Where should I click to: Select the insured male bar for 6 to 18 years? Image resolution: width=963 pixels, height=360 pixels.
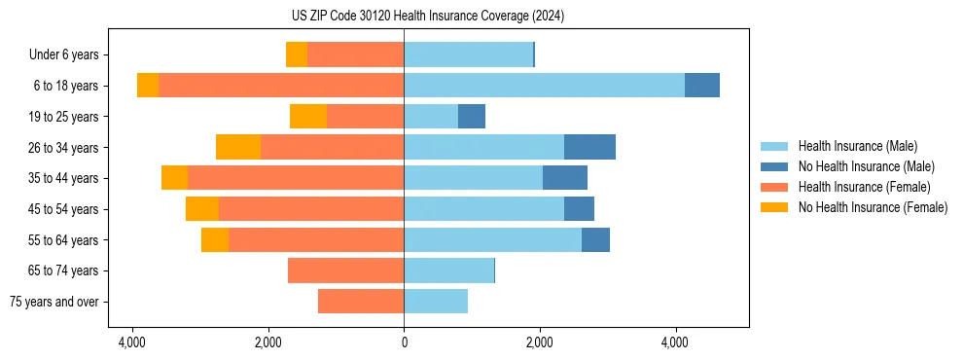click(544, 86)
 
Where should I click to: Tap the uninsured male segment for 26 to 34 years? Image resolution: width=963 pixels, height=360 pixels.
click(589, 147)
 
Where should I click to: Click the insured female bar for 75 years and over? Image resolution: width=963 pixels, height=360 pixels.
click(361, 302)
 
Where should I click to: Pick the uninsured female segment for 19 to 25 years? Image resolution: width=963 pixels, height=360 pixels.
click(308, 117)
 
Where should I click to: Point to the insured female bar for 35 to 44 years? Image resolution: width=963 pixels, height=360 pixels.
click(296, 178)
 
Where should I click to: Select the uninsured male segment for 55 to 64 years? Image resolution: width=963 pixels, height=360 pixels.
click(595, 240)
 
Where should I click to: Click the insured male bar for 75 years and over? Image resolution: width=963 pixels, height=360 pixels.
click(436, 302)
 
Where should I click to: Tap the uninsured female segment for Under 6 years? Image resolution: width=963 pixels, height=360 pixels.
click(297, 54)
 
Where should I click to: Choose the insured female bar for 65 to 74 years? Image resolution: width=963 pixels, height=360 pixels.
click(346, 270)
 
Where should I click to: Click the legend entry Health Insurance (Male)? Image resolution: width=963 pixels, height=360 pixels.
click(857, 146)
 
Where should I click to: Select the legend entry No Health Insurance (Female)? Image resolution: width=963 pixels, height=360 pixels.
click(873, 207)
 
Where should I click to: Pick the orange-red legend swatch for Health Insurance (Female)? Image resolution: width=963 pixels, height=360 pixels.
click(774, 187)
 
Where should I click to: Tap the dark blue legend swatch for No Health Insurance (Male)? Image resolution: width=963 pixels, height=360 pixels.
click(774, 166)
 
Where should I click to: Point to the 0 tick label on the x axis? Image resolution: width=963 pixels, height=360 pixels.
click(404, 342)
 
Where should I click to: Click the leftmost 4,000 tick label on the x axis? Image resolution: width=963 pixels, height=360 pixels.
click(132, 342)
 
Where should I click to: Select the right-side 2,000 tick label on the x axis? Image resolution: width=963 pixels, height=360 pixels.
click(540, 342)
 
